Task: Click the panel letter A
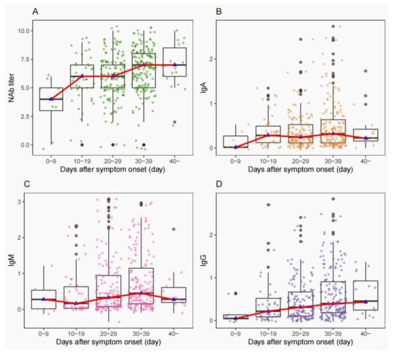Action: coord(35,11)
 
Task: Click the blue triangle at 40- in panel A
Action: coord(175,65)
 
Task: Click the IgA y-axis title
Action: coord(210,86)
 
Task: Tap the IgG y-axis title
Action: coord(210,261)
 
